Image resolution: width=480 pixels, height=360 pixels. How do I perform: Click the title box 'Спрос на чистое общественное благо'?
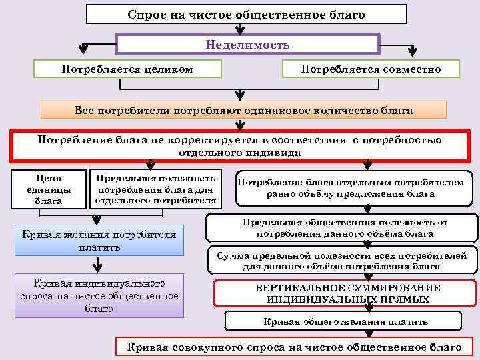click(246, 14)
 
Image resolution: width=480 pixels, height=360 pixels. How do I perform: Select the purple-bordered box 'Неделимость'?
click(247, 45)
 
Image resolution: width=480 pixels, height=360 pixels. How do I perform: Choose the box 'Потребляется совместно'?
click(371, 69)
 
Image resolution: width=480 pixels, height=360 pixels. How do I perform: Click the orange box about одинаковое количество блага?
click(243, 110)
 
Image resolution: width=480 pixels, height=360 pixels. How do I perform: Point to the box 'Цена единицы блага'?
click(47, 189)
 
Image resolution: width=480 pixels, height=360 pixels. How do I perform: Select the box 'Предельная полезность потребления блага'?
click(156, 189)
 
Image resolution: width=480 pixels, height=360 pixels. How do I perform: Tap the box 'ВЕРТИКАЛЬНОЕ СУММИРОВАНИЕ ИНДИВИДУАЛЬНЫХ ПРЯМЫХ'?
click(345, 293)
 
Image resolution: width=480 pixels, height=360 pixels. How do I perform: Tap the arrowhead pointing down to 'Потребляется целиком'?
click(84, 51)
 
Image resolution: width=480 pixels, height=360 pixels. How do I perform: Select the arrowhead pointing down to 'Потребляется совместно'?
click(413, 51)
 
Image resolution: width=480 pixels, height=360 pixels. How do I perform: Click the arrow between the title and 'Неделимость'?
click(239, 29)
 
